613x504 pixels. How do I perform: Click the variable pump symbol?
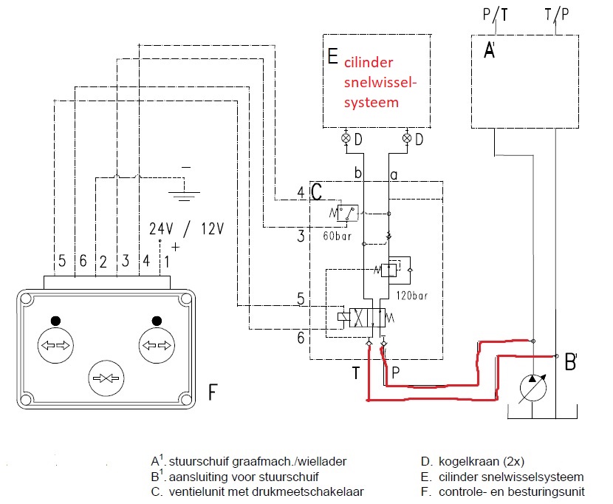coord(532,388)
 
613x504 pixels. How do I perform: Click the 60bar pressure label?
coord(337,236)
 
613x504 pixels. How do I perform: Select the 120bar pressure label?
coord(411,296)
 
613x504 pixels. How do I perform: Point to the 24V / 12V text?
coord(186,229)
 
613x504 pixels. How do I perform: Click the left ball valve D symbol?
coord(346,138)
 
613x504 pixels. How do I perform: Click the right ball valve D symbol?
coord(407,137)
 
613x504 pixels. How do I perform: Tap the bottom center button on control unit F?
coord(106,378)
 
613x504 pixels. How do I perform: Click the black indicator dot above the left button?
coord(55,321)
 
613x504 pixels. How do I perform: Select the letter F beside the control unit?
coord(213,392)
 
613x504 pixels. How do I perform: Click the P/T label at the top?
coord(496,15)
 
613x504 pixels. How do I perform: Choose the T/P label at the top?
coord(557,15)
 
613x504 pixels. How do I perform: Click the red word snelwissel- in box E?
coord(380,82)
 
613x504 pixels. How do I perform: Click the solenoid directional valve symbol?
coord(361,317)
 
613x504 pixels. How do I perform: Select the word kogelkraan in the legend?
coord(462,461)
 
